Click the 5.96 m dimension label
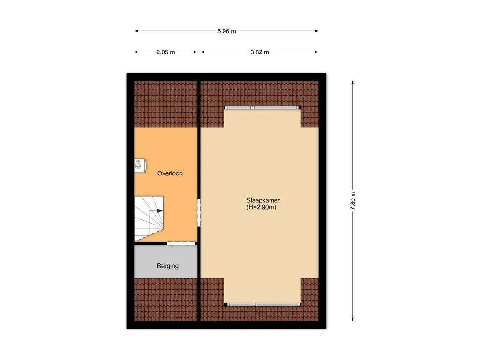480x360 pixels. click(x=226, y=31)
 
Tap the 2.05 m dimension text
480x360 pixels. click(x=165, y=52)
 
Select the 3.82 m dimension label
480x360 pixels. click(x=260, y=52)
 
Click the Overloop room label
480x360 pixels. click(x=170, y=173)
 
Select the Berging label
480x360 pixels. click(x=168, y=266)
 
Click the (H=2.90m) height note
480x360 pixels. click(x=261, y=207)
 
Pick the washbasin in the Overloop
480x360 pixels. click(x=139, y=165)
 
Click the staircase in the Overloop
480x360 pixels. click(x=149, y=218)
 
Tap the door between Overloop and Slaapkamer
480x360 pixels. click(x=199, y=213)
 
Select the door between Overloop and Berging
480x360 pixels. click(x=181, y=243)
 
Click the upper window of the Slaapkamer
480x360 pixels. click(x=262, y=108)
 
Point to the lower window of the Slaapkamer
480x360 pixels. click(x=262, y=304)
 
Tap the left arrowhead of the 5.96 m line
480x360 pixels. click(x=137, y=31)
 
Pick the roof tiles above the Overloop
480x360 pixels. click(x=166, y=104)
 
